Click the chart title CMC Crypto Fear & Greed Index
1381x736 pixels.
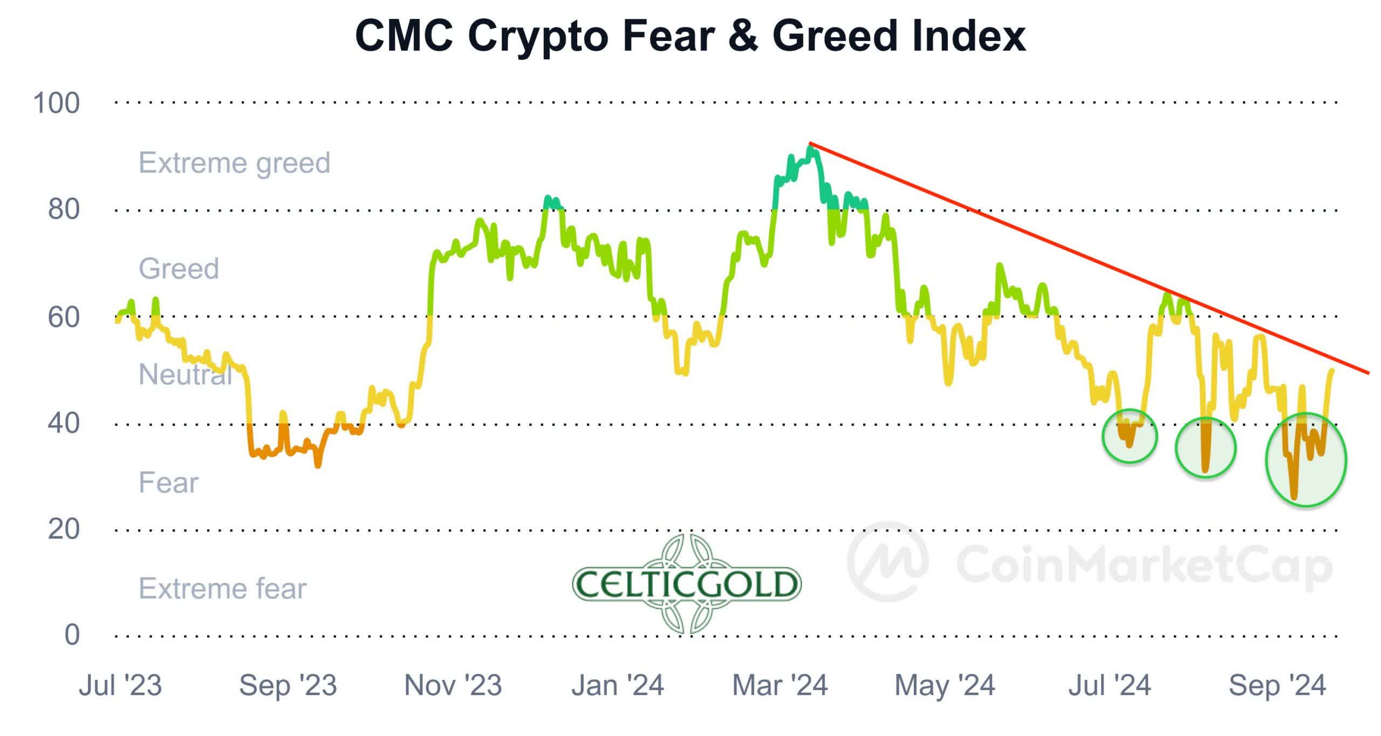(690, 36)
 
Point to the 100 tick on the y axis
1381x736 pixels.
(56, 103)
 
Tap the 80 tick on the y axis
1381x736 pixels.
(64, 209)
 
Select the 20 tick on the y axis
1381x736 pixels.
(64, 529)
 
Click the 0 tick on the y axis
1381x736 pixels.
(72, 635)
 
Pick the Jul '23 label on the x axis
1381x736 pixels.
(120, 686)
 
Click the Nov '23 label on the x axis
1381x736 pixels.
(453, 686)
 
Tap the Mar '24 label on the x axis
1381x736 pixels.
(780, 686)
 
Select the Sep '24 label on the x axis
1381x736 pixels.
(1277, 686)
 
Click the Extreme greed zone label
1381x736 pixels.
(234, 163)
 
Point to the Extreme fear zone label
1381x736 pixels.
(222, 588)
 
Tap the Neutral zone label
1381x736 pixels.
(185, 374)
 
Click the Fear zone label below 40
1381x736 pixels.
(168, 482)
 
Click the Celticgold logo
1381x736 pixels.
(687, 584)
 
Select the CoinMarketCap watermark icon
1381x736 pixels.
(887, 561)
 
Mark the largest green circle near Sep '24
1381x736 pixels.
(1306, 460)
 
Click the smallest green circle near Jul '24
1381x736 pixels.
(1129, 436)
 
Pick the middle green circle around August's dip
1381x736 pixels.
(1206, 448)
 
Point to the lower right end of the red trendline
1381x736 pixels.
(1368, 372)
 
